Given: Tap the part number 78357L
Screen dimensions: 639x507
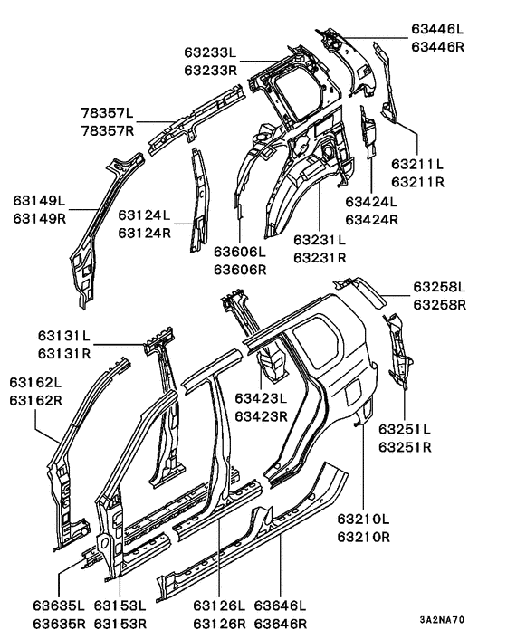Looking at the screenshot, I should coord(105,113).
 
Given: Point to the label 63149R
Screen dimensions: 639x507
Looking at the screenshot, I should coord(40,217).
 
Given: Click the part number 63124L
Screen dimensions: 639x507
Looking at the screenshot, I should coord(144,215).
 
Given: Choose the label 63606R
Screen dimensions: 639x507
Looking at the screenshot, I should coord(240,269).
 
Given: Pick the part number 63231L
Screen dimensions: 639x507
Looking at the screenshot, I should coord(320,241).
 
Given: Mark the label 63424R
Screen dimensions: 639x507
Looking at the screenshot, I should coord(371,219).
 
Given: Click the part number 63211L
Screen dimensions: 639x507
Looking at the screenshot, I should coord(417,165).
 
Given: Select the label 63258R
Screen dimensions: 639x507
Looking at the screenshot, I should coord(439,305).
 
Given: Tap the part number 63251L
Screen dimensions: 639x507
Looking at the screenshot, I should coord(405,428).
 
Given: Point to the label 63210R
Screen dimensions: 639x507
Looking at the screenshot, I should coord(363,536).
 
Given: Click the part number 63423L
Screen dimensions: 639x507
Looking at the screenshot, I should coord(261,399).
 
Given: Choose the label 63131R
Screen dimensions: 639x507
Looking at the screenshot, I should coord(64,352).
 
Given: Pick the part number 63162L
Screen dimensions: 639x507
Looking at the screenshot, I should coord(35,382).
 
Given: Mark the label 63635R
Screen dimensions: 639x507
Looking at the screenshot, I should coord(59,624).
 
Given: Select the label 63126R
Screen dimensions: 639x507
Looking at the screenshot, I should coord(218,624).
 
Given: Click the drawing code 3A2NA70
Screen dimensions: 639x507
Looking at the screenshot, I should coord(442,621).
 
